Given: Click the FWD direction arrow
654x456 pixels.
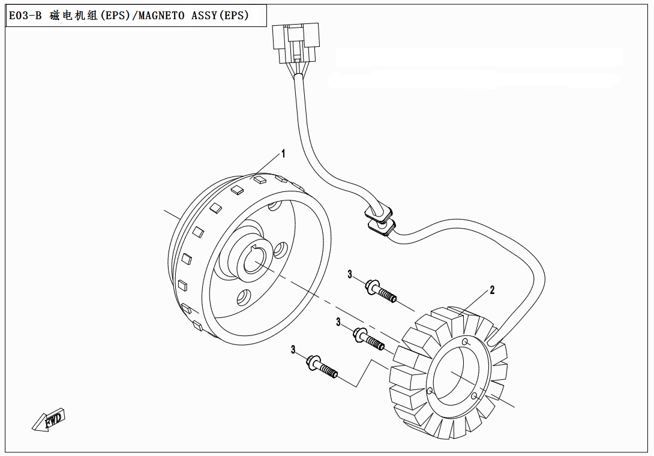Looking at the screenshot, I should pos(49,420).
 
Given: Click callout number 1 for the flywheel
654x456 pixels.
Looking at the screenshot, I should pos(283,154).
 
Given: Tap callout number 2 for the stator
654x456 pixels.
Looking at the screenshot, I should pos(492,290).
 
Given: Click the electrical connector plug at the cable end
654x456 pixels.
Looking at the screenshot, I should pos(294,44).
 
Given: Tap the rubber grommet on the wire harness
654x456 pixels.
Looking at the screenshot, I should pos(380,219).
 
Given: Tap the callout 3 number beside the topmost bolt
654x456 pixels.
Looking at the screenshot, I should pos(350,275).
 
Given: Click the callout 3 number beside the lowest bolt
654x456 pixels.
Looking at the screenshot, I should pos(293,350).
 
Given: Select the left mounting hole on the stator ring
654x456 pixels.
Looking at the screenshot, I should pos(430,391).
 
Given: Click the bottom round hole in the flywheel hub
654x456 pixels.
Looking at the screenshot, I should pos(244,296).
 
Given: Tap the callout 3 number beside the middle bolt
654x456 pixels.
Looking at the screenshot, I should pos(338,323).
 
